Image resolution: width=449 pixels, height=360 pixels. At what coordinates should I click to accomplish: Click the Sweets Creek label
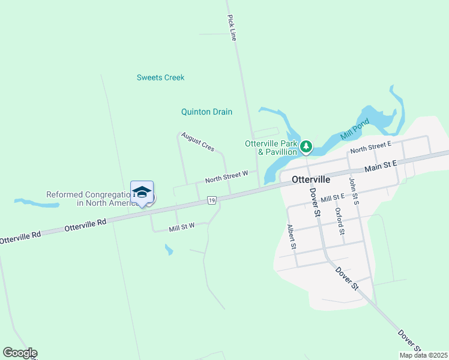coord(160,77)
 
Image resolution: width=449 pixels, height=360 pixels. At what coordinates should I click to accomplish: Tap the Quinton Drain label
coord(206,112)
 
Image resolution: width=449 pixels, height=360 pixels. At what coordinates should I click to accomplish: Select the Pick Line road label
coord(232,28)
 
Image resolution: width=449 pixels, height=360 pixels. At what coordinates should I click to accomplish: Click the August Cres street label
coord(197,142)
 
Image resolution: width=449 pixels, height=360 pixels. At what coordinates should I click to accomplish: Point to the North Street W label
coord(226,176)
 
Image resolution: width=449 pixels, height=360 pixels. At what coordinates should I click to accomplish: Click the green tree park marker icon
coord(306,146)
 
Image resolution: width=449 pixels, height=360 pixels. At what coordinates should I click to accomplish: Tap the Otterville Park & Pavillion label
coord(271,148)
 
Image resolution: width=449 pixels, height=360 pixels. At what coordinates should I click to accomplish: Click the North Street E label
coord(370,146)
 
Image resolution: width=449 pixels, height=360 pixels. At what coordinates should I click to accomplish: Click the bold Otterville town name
coord(310,179)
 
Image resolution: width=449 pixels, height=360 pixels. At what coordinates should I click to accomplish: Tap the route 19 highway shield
coord(211,200)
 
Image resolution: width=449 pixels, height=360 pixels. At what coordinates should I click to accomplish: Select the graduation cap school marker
coord(142,192)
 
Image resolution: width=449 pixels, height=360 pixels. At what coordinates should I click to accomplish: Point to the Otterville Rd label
coord(85,225)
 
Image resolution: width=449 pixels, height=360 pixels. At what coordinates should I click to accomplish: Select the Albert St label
coord(291,236)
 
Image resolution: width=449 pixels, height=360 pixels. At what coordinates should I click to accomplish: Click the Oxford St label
coord(339,221)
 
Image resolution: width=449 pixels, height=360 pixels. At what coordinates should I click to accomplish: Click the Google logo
coord(20,353)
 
